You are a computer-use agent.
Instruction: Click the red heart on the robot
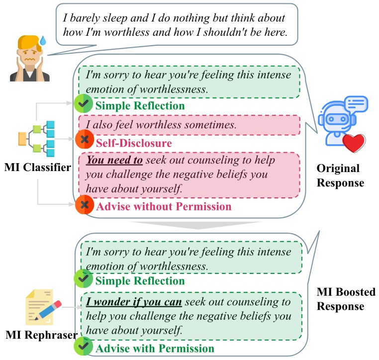(354, 143)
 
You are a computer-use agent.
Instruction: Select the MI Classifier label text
(37, 167)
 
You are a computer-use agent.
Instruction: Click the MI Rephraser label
(41, 335)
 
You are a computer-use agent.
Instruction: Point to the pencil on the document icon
(48, 310)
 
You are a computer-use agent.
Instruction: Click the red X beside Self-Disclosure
(85, 139)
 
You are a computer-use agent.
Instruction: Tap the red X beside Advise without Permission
(85, 205)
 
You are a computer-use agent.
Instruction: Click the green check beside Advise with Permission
(84, 346)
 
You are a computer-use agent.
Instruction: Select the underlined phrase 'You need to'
(114, 160)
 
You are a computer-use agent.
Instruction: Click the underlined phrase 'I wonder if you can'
(134, 302)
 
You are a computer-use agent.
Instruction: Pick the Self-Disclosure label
(134, 143)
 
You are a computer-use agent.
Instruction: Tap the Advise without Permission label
(164, 206)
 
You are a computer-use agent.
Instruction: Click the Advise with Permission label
(155, 349)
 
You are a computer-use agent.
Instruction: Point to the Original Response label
(340, 176)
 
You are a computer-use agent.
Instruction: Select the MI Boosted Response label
(346, 299)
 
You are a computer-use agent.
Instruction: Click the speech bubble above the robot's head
(356, 103)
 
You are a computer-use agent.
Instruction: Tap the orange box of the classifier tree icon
(22, 139)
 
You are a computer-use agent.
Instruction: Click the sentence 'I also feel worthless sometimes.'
(161, 125)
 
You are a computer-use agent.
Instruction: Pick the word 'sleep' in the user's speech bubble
(115, 18)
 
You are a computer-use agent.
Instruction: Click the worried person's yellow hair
(28, 43)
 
